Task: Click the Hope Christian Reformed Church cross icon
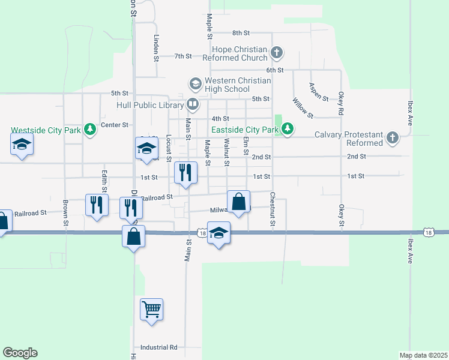(277, 52)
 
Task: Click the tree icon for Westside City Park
(90, 129)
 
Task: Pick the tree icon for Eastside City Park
(288, 129)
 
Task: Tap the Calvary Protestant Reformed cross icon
(392, 138)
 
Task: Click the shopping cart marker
(151, 310)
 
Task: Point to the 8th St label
(241, 32)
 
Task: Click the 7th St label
(183, 56)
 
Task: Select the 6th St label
(275, 70)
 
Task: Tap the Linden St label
(156, 47)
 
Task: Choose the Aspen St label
(318, 92)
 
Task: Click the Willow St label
(303, 107)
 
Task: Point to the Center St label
(115, 125)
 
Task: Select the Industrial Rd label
(159, 347)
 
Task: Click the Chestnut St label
(273, 210)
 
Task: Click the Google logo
(20, 353)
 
